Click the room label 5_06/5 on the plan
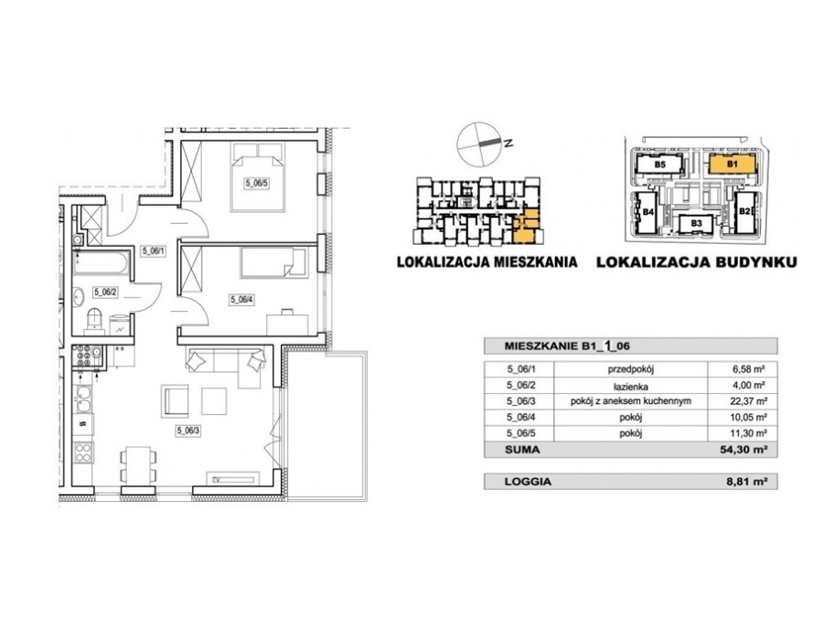(257, 183)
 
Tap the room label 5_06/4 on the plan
(242, 300)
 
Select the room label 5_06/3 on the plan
(188, 431)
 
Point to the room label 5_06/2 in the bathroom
(105, 292)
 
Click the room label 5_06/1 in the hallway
(154, 250)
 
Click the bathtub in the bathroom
(101, 263)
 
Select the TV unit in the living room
(232, 478)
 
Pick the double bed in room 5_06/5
(257, 176)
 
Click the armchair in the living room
(176, 401)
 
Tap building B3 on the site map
(696, 224)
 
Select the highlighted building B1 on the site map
(732, 164)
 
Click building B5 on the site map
(659, 165)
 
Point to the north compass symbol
(478, 144)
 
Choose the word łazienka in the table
(630, 387)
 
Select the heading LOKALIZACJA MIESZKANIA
(487, 261)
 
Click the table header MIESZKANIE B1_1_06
(567, 346)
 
